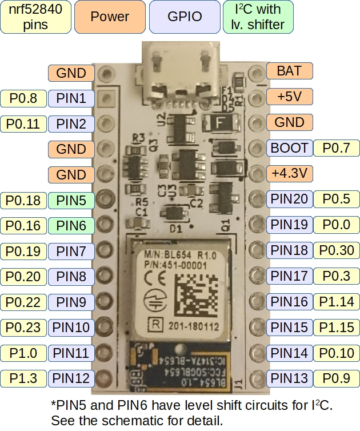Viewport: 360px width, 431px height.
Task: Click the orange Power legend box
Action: coord(110,17)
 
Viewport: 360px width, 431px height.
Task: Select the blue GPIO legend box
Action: coord(185,17)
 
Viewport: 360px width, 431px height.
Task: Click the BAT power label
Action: coord(290,71)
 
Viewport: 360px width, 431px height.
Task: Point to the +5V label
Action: coord(290,97)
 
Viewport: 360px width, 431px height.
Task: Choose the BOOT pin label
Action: coord(290,148)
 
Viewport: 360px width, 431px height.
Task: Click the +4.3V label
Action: coord(290,173)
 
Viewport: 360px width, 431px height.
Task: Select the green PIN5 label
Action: coord(71,200)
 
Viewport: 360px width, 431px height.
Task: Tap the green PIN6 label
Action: coord(71,226)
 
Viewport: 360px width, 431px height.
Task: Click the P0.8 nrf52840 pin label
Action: coord(23,98)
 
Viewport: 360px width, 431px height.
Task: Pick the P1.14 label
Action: coord(337,301)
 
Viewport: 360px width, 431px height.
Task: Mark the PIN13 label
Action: coord(290,377)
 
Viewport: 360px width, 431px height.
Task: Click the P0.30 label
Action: coord(337,250)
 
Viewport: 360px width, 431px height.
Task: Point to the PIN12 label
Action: coord(71,378)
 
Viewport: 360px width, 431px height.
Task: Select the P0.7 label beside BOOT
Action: coord(337,148)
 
